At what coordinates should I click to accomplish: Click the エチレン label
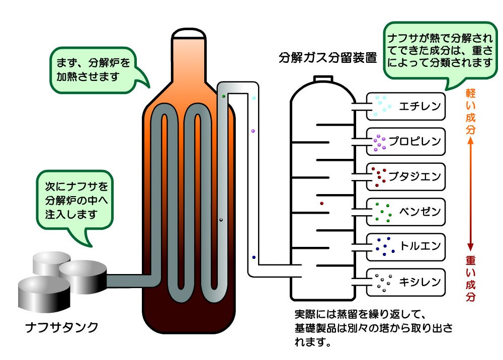point(420,106)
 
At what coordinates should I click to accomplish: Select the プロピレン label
point(415,141)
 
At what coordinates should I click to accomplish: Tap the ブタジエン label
point(415,176)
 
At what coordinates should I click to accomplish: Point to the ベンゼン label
point(420,211)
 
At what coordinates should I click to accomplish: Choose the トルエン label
point(420,246)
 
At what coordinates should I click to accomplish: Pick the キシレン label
point(420,282)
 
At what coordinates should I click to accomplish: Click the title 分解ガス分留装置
point(327,58)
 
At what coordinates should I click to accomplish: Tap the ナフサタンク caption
point(61,327)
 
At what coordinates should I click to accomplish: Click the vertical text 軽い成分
point(470,111)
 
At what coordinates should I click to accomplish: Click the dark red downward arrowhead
point(470,247)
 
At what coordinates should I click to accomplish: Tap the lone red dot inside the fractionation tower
point(322,203)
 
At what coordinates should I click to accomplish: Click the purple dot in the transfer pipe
point(253,131)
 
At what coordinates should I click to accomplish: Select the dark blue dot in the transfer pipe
point(254,257)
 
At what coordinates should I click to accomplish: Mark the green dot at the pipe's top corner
point(224,96)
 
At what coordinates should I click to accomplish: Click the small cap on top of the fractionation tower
point(323,79)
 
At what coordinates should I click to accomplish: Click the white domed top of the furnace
point(189,34)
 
